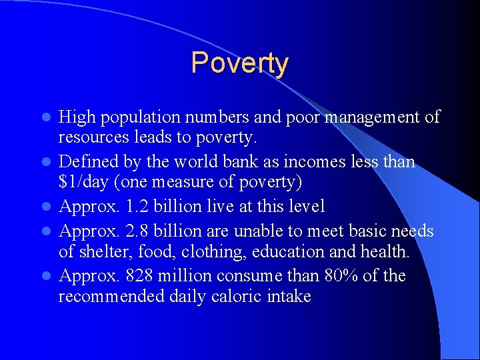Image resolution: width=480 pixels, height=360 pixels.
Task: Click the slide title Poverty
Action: click(x=239, y=63)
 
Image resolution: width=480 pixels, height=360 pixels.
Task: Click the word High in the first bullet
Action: click(x=75, y=117)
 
